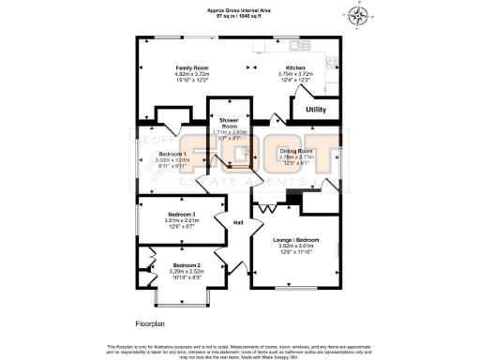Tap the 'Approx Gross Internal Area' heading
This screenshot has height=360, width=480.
click(240, 9)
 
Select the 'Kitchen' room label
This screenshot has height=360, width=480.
click(296, 67)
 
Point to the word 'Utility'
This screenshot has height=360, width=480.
click(316, 110)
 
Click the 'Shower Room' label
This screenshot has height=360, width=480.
click(230, 124)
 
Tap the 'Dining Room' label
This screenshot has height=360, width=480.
click(295, 151)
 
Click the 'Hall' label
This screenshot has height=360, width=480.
click(238, 222)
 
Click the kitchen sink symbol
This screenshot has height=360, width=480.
click(300, 45)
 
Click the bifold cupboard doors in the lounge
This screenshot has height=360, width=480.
click(268, 207)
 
